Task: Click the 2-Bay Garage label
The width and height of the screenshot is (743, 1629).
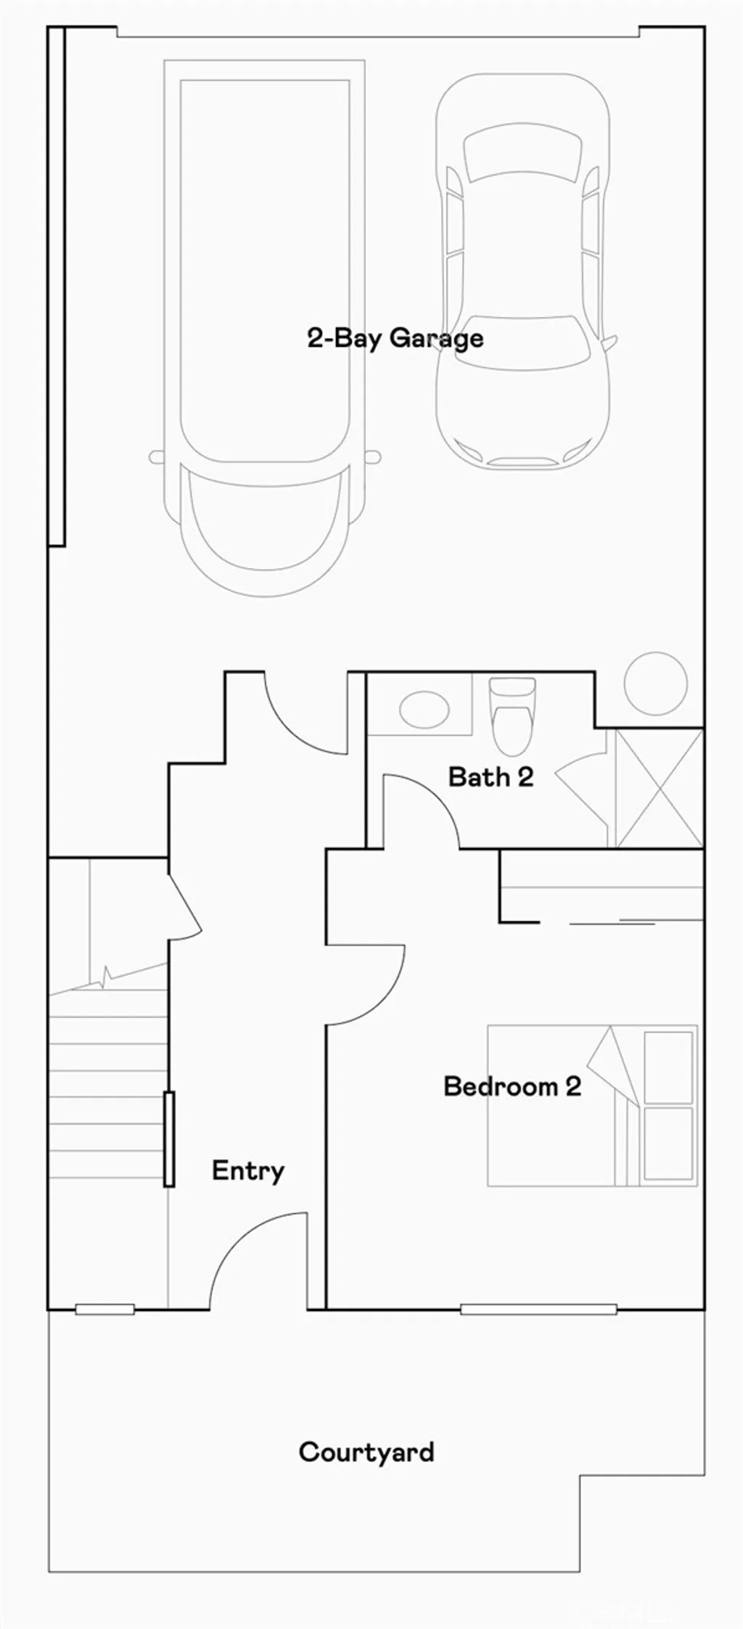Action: point(395,338)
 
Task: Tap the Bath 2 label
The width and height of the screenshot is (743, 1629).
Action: point(490,777)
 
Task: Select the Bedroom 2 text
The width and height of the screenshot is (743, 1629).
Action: point(512,1086)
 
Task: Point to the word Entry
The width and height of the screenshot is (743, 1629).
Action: point(247,1170)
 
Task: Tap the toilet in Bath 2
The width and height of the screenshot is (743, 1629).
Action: point(512,718)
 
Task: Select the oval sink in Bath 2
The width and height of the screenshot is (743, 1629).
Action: point(424,705)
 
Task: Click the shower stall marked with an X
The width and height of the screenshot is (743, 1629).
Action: point(659,788)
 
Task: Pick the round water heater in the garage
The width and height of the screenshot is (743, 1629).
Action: point(656,683)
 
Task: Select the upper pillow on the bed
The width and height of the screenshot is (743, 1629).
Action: point(668,1067)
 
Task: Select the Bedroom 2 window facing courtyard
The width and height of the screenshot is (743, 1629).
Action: point(538,1310)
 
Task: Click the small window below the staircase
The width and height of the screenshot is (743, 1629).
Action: point(104,1310)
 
